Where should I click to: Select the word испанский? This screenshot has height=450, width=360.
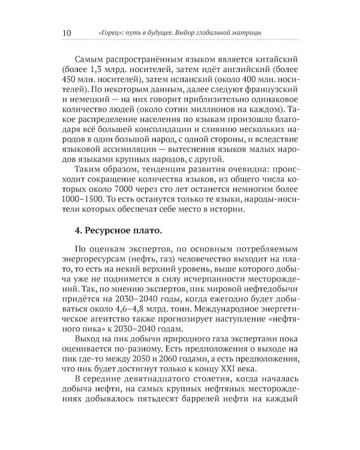point(179,86)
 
